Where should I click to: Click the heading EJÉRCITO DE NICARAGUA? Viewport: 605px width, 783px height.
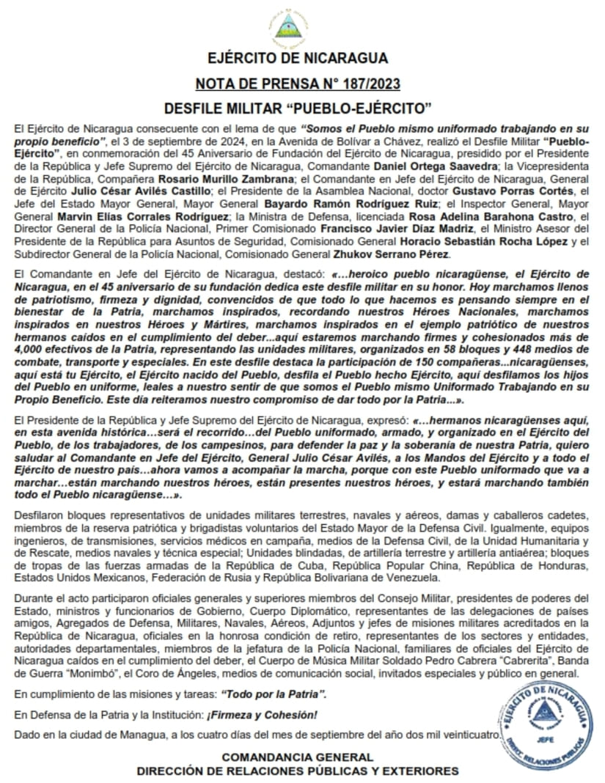click(x=298, y=58)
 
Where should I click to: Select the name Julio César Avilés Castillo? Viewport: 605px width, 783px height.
click(x=107, y=191)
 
